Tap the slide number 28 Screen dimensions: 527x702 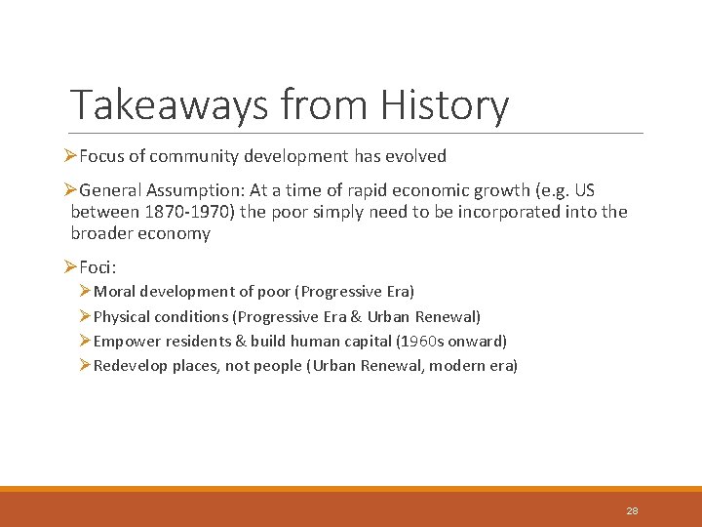[632, 510]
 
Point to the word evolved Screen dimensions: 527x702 [416, 156]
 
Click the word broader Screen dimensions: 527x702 [102, 233]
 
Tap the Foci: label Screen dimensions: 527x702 [97, 266]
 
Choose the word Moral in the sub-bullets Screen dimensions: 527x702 [116, 292]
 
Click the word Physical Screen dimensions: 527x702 [123, 316]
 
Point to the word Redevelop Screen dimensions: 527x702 [129, 366]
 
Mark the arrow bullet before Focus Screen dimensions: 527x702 [69, 156]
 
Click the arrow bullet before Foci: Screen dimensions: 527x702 [69, 266]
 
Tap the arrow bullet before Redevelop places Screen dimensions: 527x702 [86, 366]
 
